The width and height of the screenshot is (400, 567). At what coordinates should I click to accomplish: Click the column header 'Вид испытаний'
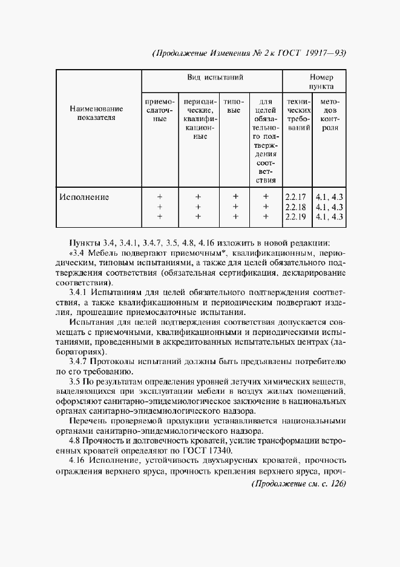pyautogui.click(x=212, y=78)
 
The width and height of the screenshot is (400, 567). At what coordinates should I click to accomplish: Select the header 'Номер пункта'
pyautogui.click(x=321, y=82)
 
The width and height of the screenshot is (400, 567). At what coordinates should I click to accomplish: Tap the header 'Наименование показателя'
pyautogui.click(x=96, y=113)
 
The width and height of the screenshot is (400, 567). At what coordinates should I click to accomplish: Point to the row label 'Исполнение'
pyautogui.click(x=84, y=196)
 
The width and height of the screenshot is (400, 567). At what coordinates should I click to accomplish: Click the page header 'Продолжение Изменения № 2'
pyautogui.click(x=218, y=53)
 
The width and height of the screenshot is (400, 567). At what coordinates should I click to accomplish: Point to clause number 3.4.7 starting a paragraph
pyautogui.click(x=80, y=361)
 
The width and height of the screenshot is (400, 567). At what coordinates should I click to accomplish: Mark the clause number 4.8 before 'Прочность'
pyautogui.click(x=76, y=440)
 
